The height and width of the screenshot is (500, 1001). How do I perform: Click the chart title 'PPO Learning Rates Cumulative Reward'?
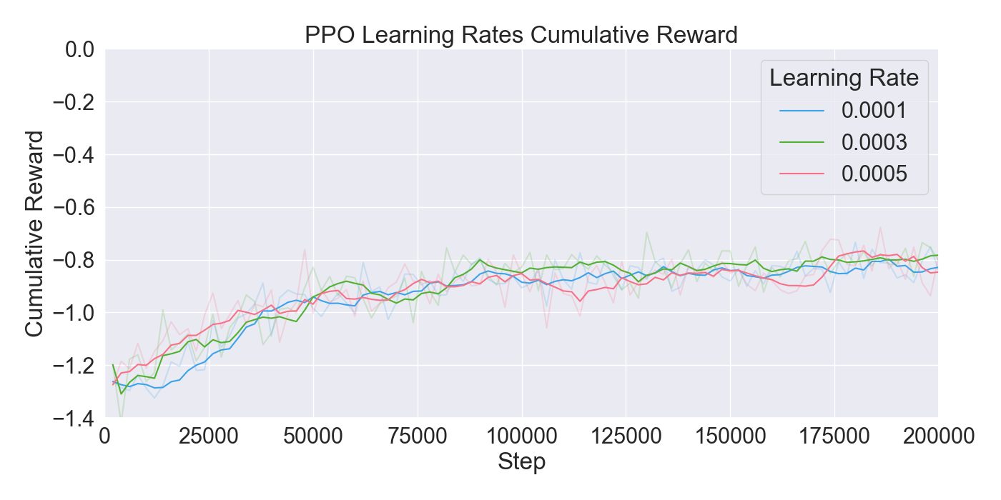(521, 35)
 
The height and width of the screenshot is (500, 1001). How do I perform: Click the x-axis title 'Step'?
(521, 462)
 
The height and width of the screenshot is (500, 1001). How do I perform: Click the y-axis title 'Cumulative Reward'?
(34, 233)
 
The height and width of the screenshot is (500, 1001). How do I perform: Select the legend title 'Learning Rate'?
(844, 78)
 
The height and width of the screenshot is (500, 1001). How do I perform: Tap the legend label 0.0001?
(874, 111)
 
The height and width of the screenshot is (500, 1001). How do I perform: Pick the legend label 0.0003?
(874, 142)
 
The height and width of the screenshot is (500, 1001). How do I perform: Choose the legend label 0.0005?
(874, 174)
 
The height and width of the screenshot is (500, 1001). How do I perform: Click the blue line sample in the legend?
(800, 111)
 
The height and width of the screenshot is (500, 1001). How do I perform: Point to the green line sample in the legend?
(800, 142)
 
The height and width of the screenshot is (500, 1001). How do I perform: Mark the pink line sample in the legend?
(800, 174)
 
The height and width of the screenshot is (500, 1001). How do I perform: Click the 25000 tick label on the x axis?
(209, 436)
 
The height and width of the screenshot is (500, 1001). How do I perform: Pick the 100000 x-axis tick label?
(521, 436)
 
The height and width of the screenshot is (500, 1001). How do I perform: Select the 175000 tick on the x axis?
(834, 436)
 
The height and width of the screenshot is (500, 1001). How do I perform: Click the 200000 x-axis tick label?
(937, 436)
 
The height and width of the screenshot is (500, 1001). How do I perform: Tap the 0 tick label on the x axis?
(105, 436)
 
